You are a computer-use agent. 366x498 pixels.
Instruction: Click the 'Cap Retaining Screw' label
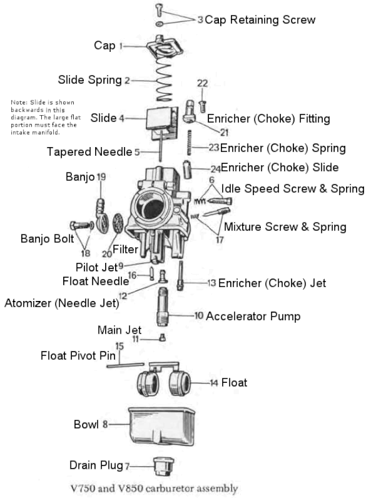click(260, 20)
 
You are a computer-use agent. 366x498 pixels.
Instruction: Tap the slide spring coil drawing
click(163, 81)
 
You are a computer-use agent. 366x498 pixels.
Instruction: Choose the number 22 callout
click(202, 83)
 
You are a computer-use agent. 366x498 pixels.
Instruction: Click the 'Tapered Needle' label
click(90, 152)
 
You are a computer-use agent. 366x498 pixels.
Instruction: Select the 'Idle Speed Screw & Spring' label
click(283, 188)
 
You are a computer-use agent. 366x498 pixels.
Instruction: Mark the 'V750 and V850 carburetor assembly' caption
click(171, 488)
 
